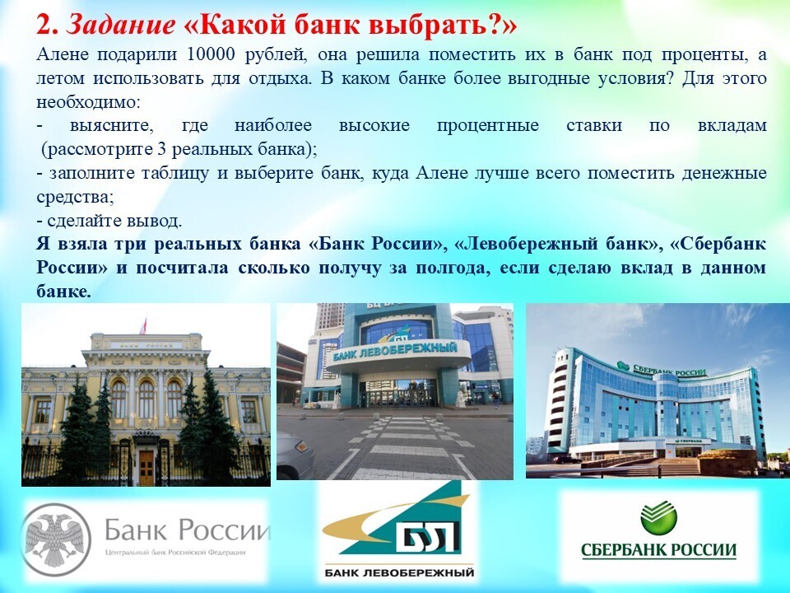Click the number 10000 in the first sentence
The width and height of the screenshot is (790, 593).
coord(211,54)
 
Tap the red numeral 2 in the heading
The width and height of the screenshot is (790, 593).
coord(44,25)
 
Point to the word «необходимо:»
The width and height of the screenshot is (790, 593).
coord(88,102)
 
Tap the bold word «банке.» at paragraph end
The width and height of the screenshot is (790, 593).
coord(63,292)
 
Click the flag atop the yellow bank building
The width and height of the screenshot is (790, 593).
coord(143,326)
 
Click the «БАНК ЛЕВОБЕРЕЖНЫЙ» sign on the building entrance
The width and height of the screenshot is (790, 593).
coord(395,351)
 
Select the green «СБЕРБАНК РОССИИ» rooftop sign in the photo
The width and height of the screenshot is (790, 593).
coord(662,369)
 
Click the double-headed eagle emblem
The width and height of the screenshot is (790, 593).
coord(54,539)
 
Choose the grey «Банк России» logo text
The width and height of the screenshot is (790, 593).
coord(187,530)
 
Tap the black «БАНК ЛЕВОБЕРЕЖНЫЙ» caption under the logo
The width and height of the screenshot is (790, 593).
coord(399,572)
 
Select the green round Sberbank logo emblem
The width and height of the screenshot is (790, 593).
coord(658,517)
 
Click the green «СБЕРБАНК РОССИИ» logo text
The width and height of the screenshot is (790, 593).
coord(658,549)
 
